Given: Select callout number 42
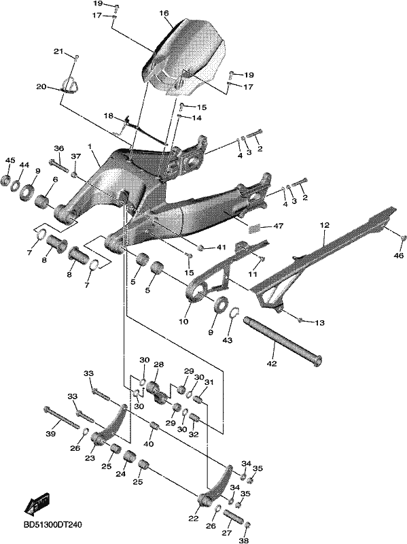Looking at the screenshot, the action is point(272,364).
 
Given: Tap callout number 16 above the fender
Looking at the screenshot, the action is point(164,13).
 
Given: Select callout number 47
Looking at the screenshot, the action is point(278,226).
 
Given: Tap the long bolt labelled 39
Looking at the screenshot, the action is point(62,419).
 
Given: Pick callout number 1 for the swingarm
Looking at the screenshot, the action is point(90,147).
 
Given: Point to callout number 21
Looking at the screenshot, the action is point(58,52).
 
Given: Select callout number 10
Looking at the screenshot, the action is point(183,321).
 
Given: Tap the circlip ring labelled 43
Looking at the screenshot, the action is point(236,313).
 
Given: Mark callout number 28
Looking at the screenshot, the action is point(159,364).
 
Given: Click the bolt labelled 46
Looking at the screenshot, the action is point(403,238).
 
